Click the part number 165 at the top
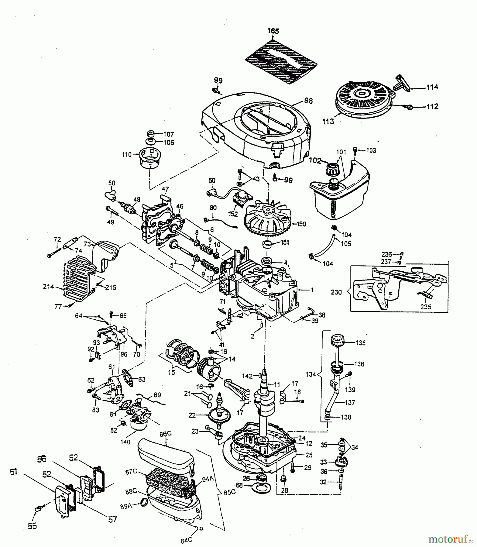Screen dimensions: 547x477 point(273,31)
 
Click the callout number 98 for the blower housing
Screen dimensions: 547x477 point(308,101)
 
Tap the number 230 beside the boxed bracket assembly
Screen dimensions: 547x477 point(336,292)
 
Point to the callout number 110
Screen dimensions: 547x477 point(127,154)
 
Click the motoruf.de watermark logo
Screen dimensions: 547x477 point(451,539)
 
